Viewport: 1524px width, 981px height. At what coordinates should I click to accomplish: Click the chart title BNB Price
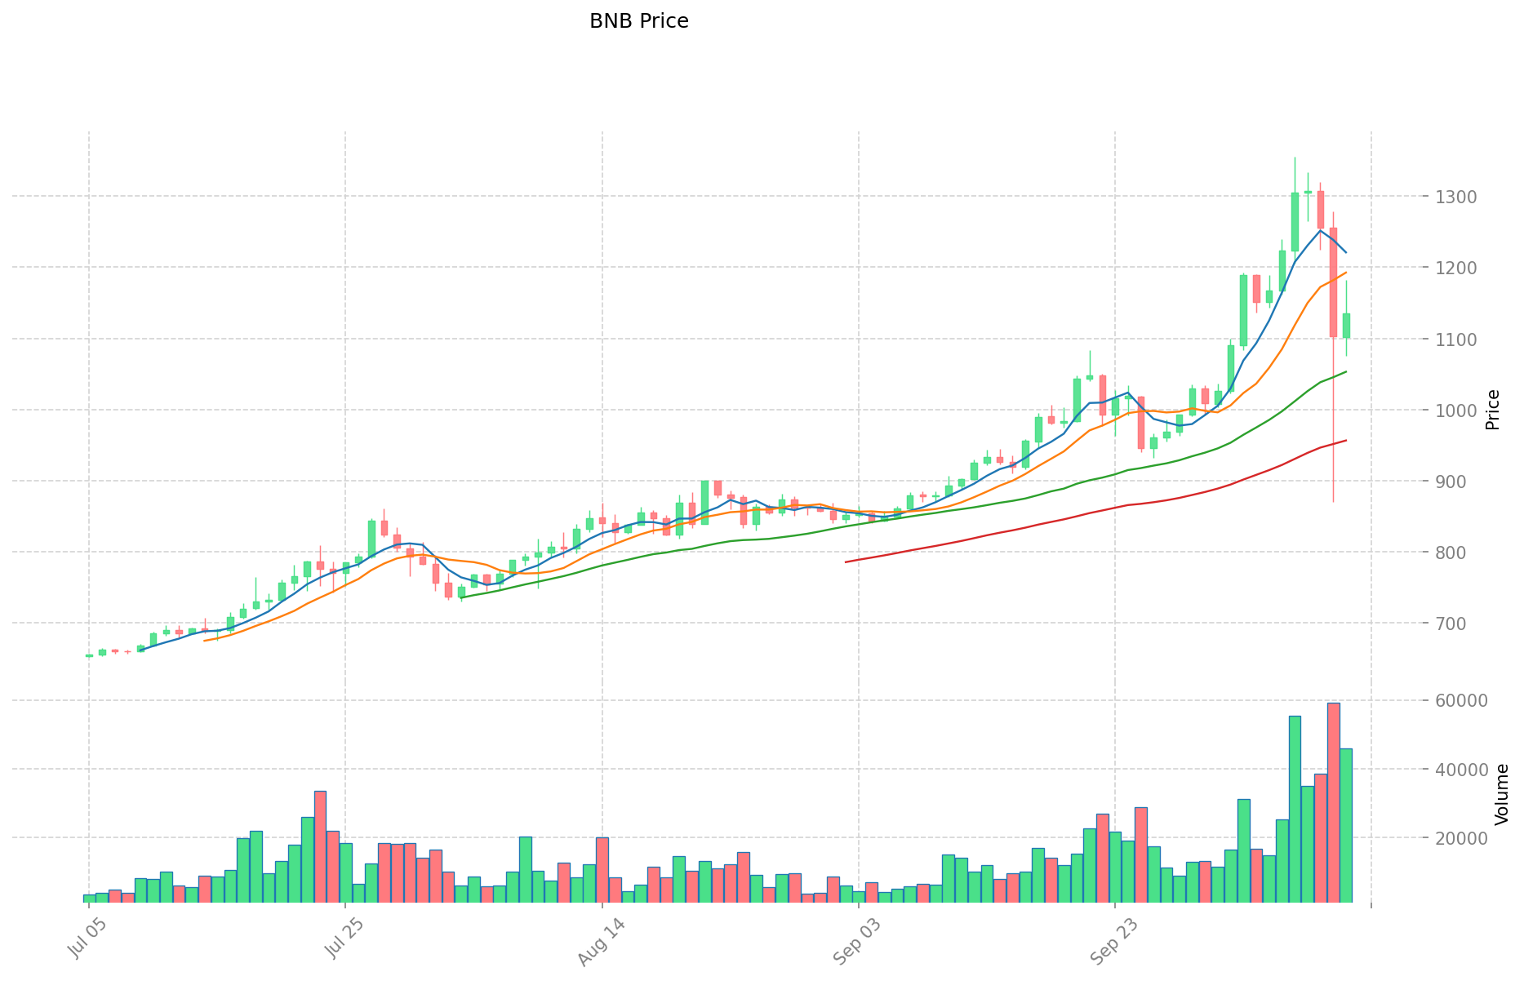pos(638,21)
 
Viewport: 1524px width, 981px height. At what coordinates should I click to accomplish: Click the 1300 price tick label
pos(1450,197)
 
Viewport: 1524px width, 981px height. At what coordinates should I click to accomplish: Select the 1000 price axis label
pos(1450,411)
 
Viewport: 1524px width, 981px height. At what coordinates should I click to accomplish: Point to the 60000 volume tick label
pos(1455,700)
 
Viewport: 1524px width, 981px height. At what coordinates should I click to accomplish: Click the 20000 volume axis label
pos(1455,838)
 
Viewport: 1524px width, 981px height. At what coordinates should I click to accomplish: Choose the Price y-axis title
pos(1493,410)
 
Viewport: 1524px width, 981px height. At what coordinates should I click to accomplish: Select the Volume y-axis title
pos(1501,794)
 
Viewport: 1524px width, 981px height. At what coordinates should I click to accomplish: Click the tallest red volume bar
pos(1333,802)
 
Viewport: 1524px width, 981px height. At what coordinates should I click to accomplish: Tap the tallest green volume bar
pos(1295,809)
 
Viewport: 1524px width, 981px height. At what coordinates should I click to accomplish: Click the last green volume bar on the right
pos(1345,825)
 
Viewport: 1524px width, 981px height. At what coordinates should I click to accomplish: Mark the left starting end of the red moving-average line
pos(846,562)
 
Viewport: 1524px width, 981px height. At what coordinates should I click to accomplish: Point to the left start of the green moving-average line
pos(461,597)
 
